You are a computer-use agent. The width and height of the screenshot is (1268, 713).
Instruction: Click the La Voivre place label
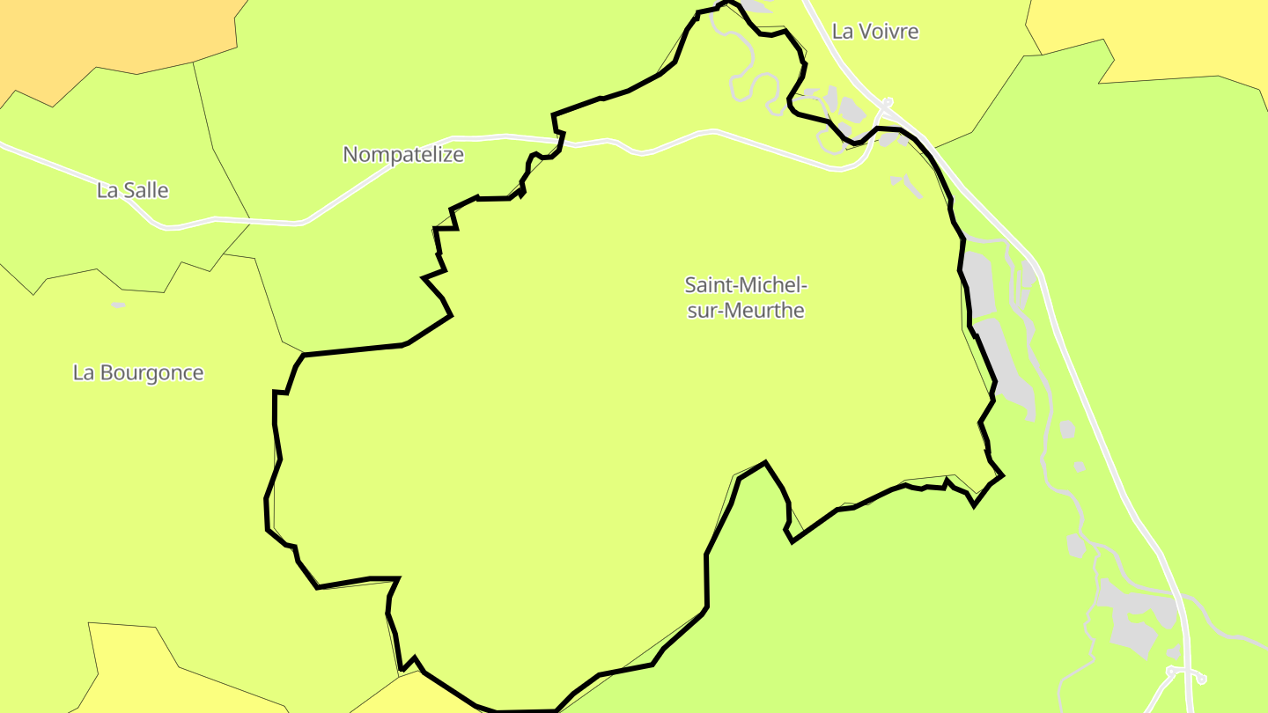click(874, 32)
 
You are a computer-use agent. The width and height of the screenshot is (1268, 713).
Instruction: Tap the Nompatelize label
click(402, 155)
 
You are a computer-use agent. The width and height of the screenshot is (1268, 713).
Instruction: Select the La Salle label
click(132, 190)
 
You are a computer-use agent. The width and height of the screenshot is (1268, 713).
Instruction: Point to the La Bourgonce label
click(137, 372)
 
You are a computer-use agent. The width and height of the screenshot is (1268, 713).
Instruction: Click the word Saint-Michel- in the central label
click(745, 285)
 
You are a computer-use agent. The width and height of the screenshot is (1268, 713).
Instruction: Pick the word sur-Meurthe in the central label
click(745, 311)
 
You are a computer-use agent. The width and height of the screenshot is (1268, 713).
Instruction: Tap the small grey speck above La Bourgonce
click(118, 305)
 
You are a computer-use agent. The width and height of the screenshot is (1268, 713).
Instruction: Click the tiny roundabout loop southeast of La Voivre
click(888, 102)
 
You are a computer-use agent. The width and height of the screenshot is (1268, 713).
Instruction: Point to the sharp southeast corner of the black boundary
click(1002, 476)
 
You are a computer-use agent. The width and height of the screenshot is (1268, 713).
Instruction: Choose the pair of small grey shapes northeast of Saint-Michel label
click(904, 182)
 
